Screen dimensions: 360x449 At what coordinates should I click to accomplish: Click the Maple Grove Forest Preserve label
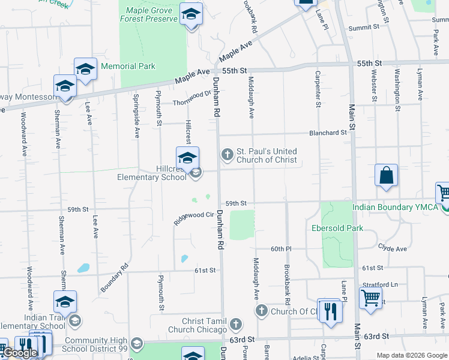152,14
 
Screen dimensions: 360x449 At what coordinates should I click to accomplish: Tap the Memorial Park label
128,67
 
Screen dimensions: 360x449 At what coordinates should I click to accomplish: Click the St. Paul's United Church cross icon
228,155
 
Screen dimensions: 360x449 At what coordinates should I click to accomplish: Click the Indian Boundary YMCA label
393,208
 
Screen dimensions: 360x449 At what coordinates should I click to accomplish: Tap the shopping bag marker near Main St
386,176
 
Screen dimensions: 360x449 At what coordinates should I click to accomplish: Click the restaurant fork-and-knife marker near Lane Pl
330,311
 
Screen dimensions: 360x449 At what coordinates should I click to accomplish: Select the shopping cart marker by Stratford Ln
371,297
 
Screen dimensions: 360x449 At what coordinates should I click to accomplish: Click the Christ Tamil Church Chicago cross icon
236,325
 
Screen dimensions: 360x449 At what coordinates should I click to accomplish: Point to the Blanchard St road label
328,133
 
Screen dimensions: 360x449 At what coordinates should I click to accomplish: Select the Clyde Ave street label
393,248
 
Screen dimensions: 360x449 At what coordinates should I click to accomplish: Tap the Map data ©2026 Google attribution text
411,355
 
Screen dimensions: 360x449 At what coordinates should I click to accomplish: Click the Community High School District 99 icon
136,343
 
